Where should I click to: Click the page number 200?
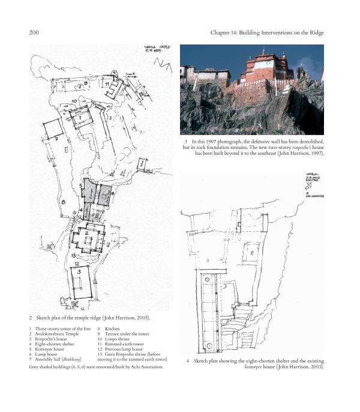point(34,32)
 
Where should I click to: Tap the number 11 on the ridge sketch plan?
point(107,85)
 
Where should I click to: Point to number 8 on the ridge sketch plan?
point(62,202)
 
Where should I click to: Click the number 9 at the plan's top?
point(86,83)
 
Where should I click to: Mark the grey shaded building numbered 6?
point(104,193)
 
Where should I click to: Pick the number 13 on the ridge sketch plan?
point(73,255)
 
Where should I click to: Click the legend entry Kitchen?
point(113,329)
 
